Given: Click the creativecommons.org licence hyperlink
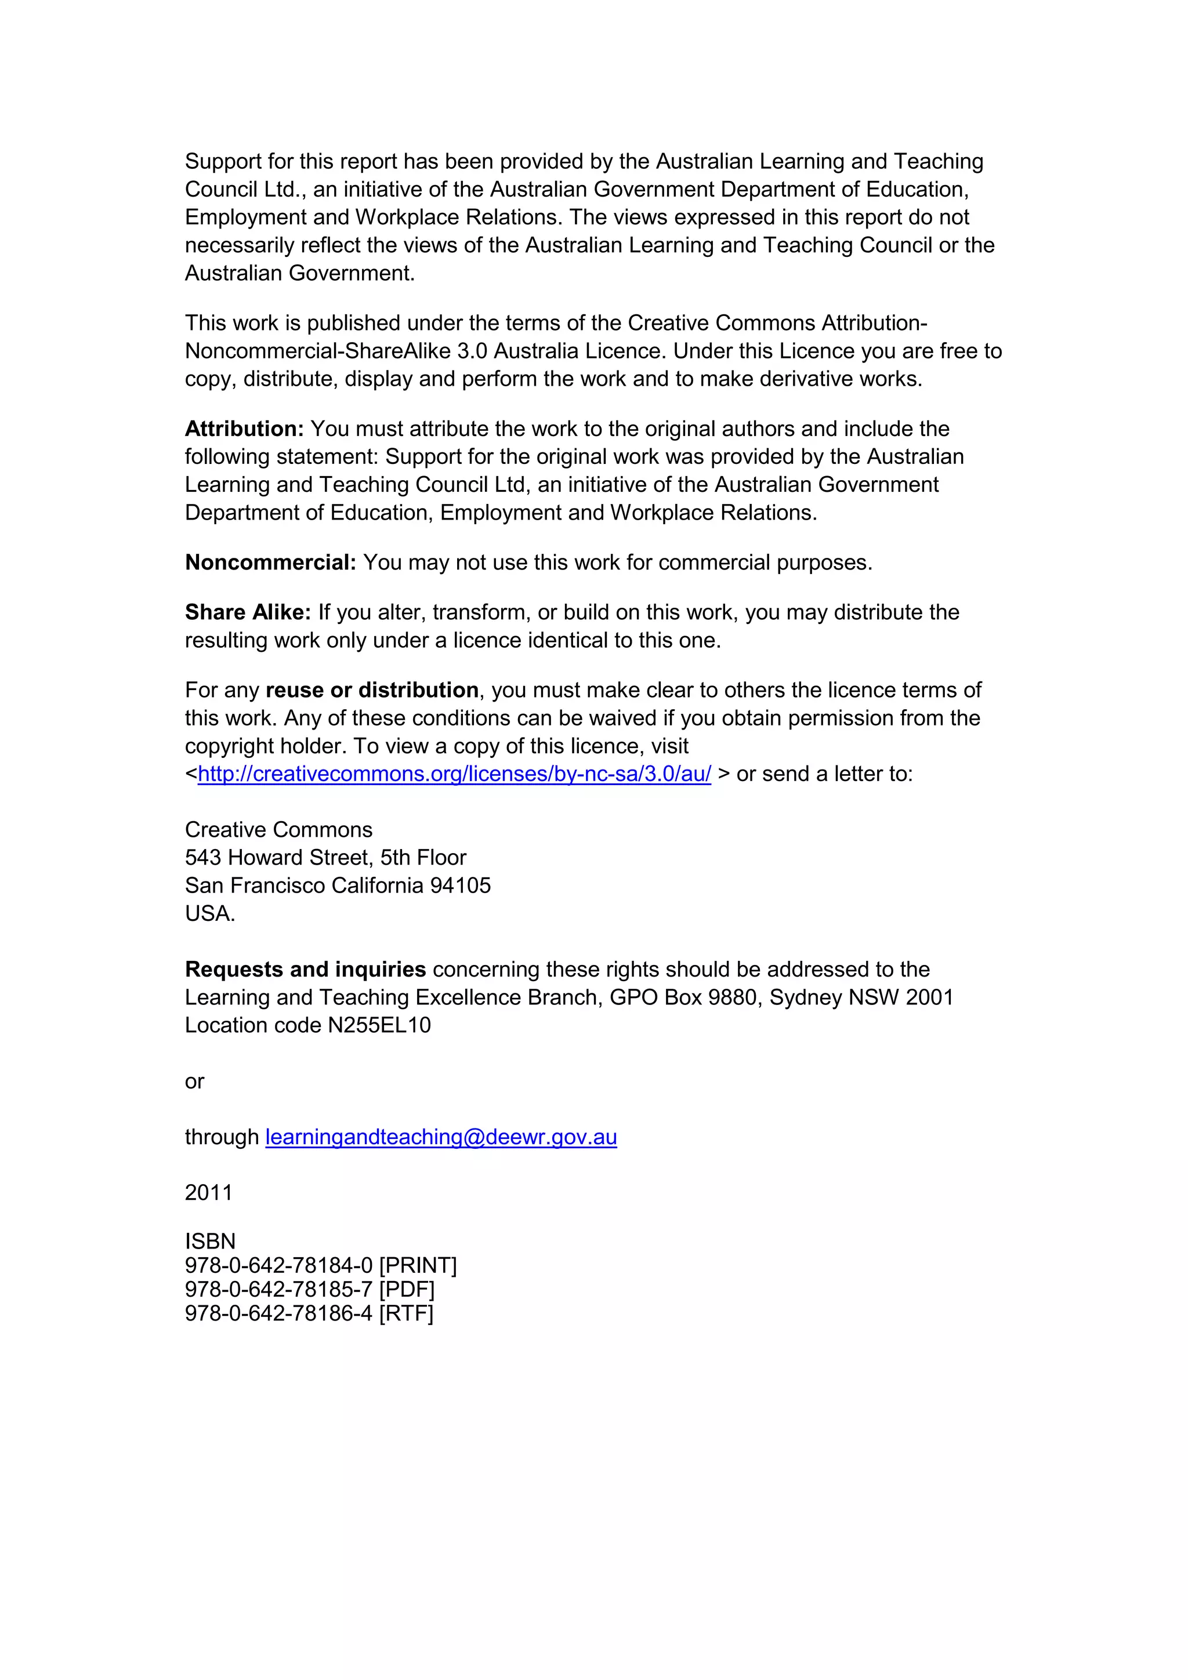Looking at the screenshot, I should pyautogui.click(x=454, y=774).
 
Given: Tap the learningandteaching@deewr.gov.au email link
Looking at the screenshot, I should pyautogui.click(x=441, y=1137).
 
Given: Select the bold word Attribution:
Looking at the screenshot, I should pyautogui.click(x=244, y=429).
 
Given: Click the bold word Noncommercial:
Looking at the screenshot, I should pyautogui.click(x=270, y=563).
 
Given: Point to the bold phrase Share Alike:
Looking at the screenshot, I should pyautogui.click(x=248, y=612).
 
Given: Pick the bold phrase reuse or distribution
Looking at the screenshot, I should pyautogui.click(x=372, y=690).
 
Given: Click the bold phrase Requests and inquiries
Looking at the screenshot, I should pyautogui.click(x=305, y=970).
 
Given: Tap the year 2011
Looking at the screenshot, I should pyautogui.click(x=209, y=1193).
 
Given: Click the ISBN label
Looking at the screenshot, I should pyautogui.click(x=210, y=1242).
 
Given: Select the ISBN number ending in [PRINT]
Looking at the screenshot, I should pyautogui.click(x=321, y=1266).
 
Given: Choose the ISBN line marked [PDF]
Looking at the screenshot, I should pyautogui.click(x=310, y=1289).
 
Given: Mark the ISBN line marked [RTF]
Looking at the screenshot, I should pyautogui.click(x=309, y=1313).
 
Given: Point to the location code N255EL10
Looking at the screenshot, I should pyautogui.click(x=379, y=1026).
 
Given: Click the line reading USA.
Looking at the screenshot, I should pyautogui.click(x=210, y=914).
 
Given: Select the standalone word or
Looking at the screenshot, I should pyautogui.click(x=195, y=1082).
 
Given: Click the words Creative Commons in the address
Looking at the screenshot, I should pyautogui.click(x=278, y=830).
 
